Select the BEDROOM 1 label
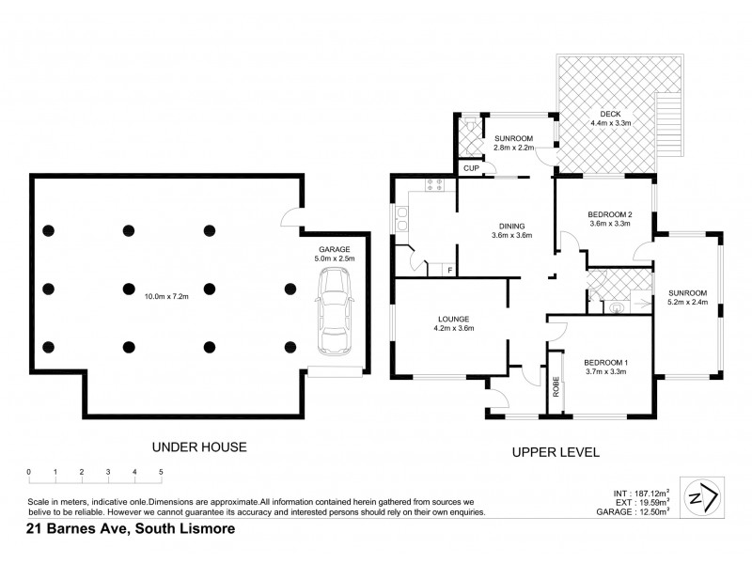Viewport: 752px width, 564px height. pyautogui.click(x=605, y=363)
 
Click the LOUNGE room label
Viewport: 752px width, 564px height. pyautogui.click(x=453, y=319)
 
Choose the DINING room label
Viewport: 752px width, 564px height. pyautogui.click(x=512, y=226)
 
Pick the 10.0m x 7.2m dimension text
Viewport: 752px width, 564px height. pyautogui.click(x=166, y=298)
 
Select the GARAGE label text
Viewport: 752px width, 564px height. pyautogui.click(x=333, y=248)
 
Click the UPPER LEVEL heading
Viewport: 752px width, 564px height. pyautogui.click(x=556, y=452)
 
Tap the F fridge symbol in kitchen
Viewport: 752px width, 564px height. pyautogui.click(x=450, y=271)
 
